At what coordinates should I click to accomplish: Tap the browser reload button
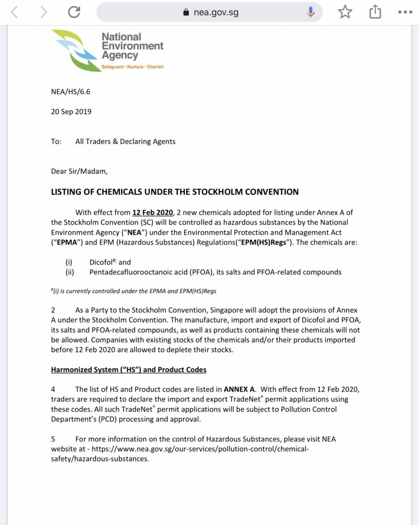(74, 12)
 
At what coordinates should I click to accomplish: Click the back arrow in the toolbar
(14, 12)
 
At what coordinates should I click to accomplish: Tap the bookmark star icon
(345, 12)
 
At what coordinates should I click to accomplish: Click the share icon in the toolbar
(375, 12)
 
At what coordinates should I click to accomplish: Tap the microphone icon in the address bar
(311, 12)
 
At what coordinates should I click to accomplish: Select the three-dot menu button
(405, 12)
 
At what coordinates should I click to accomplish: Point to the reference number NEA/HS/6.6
(70, 92)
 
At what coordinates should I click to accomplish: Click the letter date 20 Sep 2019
(71, 111)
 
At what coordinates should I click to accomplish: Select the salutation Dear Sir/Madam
(79, 171)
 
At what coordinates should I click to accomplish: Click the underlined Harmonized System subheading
(129, 370)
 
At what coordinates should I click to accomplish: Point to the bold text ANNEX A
(239, 389)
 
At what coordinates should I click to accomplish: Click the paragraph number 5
(53, 439)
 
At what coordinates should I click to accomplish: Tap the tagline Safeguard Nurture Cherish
(132, 67)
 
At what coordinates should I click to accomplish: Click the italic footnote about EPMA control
(134, 291)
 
